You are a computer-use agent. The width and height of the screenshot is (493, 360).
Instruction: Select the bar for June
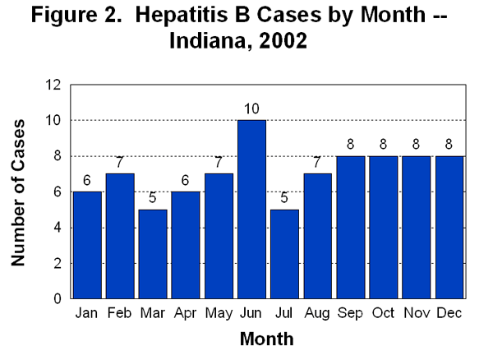pyautogui.click(x=251, y=210)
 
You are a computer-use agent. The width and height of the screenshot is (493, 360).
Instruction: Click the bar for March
pyautogui.click(x=152, y=254)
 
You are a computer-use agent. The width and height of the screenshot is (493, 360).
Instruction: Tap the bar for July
pyautogui.click(x=283, y=254)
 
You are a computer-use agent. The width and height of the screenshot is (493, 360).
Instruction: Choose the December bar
pyautogui.click(x=449, y=227)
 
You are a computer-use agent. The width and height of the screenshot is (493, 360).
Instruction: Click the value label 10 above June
pyautogui.click(x=251, y=109)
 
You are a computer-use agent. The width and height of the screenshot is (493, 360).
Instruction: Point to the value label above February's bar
pyautogui.click(x=119, y=163)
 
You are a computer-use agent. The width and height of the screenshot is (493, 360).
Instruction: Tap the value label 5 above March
pyautogui.click(x=152, y=199)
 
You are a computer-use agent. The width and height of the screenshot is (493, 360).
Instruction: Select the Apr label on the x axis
pyautogui.click(x=185, y=313)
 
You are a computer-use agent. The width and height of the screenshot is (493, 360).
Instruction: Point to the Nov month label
pyautogui.click(x=416, y=313)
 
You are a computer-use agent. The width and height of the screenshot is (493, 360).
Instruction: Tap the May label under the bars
pyautogui.click(x=218, y=314)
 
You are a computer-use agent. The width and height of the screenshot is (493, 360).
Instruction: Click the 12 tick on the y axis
pyautogui.click(x=54, y=85)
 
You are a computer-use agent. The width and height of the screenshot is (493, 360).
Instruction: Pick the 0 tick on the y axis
pyautogui.click(x=58, y=299)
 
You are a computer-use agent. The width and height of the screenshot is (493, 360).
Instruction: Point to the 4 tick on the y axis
pyautogui.click(x=58, y=228)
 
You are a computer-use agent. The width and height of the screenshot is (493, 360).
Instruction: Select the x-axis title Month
pyautogui.click(x=267, y=339)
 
